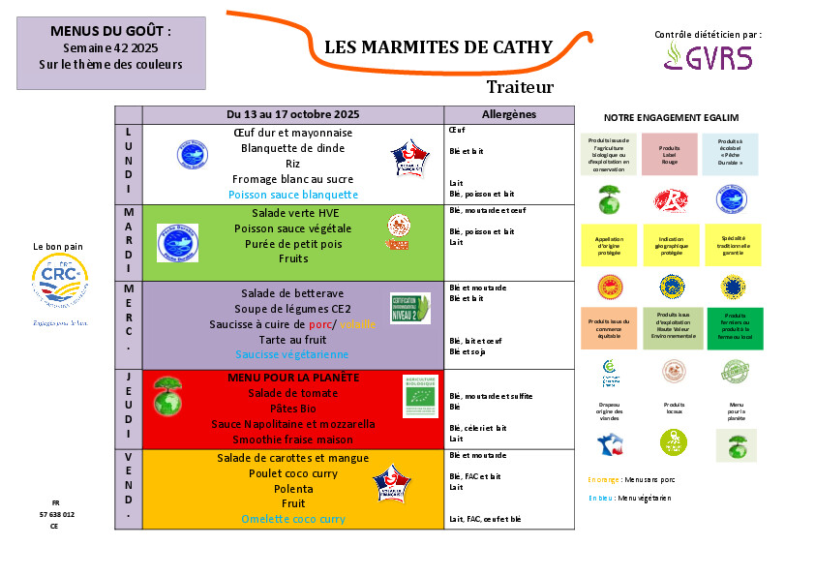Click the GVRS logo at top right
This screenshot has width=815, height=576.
click(x=708, y=57)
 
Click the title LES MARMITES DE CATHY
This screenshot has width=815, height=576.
click(x=438, y=47)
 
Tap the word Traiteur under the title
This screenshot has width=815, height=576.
click(x=520, y=87)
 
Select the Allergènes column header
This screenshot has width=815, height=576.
click(x=508, y=114)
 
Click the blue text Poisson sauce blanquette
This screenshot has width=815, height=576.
click(x=293, y=195)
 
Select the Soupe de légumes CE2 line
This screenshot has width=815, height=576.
click(x=293, y=309)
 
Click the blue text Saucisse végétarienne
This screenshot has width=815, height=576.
click(x=293, y=355)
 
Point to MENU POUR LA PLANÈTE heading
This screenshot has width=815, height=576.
click(x=293, y=377)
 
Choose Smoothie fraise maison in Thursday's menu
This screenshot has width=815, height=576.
click(x=293, y=439)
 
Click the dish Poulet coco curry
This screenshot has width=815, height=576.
click(x=293, y=473)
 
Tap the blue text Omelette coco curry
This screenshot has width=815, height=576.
click(x=293, y=519)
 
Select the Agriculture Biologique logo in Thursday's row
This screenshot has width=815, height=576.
click(x=420, y=395)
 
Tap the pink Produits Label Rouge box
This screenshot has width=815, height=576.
click(x=670, y=154)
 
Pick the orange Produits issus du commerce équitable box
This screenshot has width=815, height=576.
click(x=609, y=328)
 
